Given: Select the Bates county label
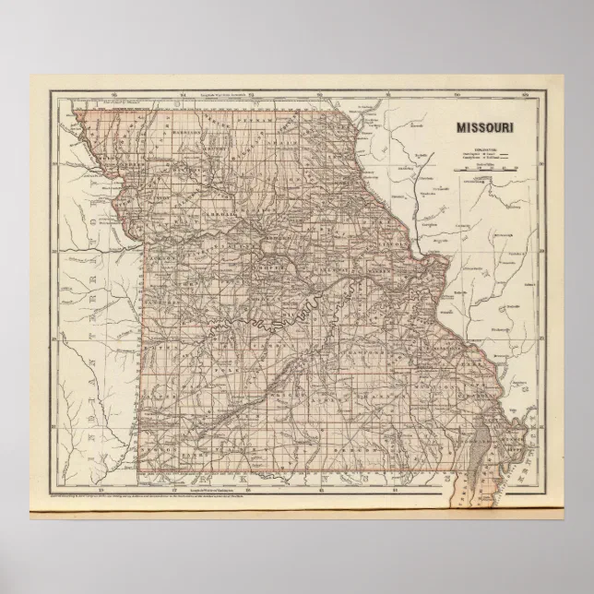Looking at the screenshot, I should pos(162,318).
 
